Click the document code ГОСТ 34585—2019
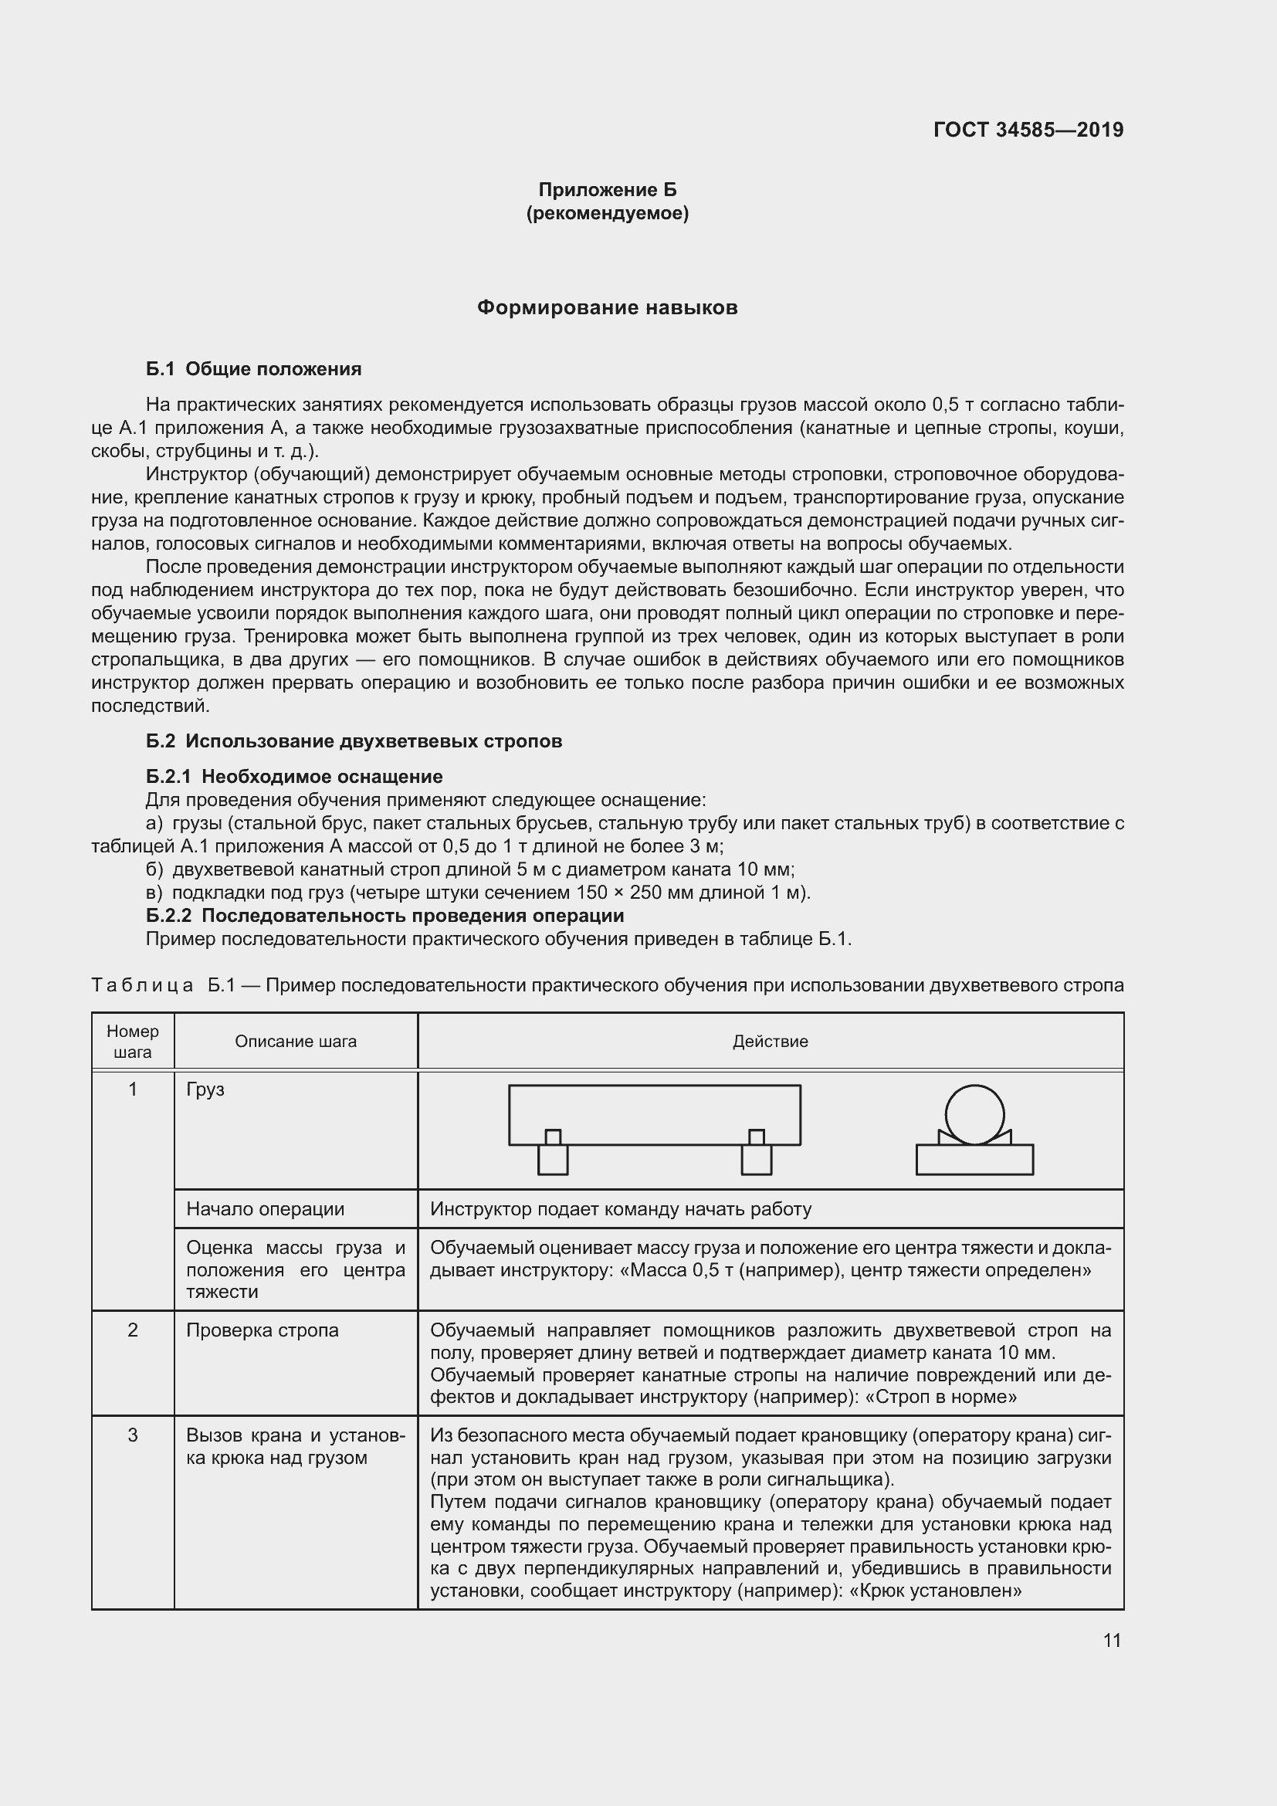1028,130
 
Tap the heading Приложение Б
607,190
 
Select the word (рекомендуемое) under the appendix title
607,213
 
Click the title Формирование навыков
607,307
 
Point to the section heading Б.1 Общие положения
253,369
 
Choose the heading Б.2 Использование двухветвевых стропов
354,741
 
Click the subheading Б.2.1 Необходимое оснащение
294,776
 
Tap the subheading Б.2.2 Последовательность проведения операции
384,916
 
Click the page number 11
1111,1640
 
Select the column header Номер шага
132,1042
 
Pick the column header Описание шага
296,1042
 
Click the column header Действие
770,1042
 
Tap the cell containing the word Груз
205,1089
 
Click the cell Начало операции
265,1209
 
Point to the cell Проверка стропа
262,1330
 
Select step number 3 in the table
132,1435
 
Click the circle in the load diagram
974,1115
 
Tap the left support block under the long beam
553,1159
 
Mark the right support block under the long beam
757,1159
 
